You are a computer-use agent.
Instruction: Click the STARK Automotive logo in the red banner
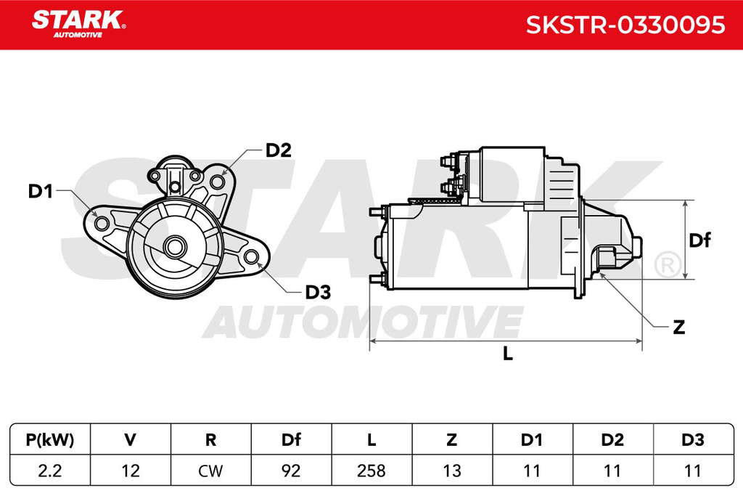click(78, 24)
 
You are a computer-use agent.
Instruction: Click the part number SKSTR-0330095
click(625, 25)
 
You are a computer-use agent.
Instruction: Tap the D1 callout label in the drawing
click(41, 191)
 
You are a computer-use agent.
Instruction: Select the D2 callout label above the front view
click(278, 150)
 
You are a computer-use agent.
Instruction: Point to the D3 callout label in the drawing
click(318, 292)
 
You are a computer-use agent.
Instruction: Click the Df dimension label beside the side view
click(699, 240)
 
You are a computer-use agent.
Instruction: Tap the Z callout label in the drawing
click(678, 327)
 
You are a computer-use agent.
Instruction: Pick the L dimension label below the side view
click(507, 353)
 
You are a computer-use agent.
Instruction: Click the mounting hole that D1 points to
click(101, 223)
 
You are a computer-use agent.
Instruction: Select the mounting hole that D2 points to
click(217, 181)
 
